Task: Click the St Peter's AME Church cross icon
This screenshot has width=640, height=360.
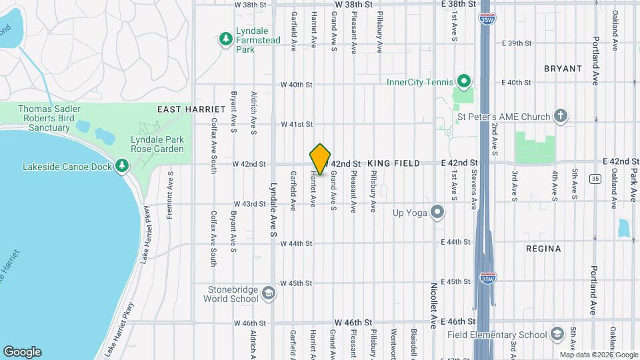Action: click(x=561, y=117)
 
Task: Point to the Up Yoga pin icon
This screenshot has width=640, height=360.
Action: click(x=437, y=213)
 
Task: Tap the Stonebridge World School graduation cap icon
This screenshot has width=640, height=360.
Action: click(x=267, y=293)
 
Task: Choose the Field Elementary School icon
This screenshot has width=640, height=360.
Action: click(x=558, y=334)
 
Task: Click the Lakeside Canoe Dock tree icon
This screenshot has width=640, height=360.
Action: click(x=121, y=165)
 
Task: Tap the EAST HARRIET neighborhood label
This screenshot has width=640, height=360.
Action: click(x=182, y=109)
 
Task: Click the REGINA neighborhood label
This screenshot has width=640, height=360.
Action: click(x=543, y=249)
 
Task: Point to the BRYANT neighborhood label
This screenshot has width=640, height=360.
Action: click(x=563, y=69)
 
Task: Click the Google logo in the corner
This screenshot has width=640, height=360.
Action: click(x=22, y=352)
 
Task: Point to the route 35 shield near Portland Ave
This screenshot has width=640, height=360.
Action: click(x=594, y=178)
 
